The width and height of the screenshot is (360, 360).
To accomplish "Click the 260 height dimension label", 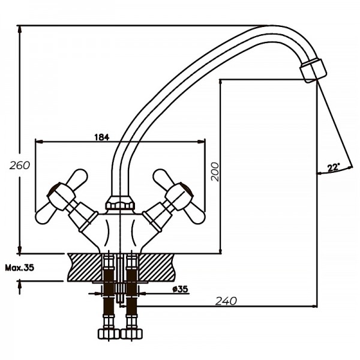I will [20, 165].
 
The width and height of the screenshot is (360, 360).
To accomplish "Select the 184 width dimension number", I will [101, 137].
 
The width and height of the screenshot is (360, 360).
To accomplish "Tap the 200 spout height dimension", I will [215, 172].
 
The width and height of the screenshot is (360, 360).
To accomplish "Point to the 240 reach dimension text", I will [226, 300].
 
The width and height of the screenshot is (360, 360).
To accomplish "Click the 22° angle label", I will [334, 167].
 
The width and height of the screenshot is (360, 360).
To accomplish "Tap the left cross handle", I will [61, 195].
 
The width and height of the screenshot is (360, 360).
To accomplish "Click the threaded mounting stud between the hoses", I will [120, 282].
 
